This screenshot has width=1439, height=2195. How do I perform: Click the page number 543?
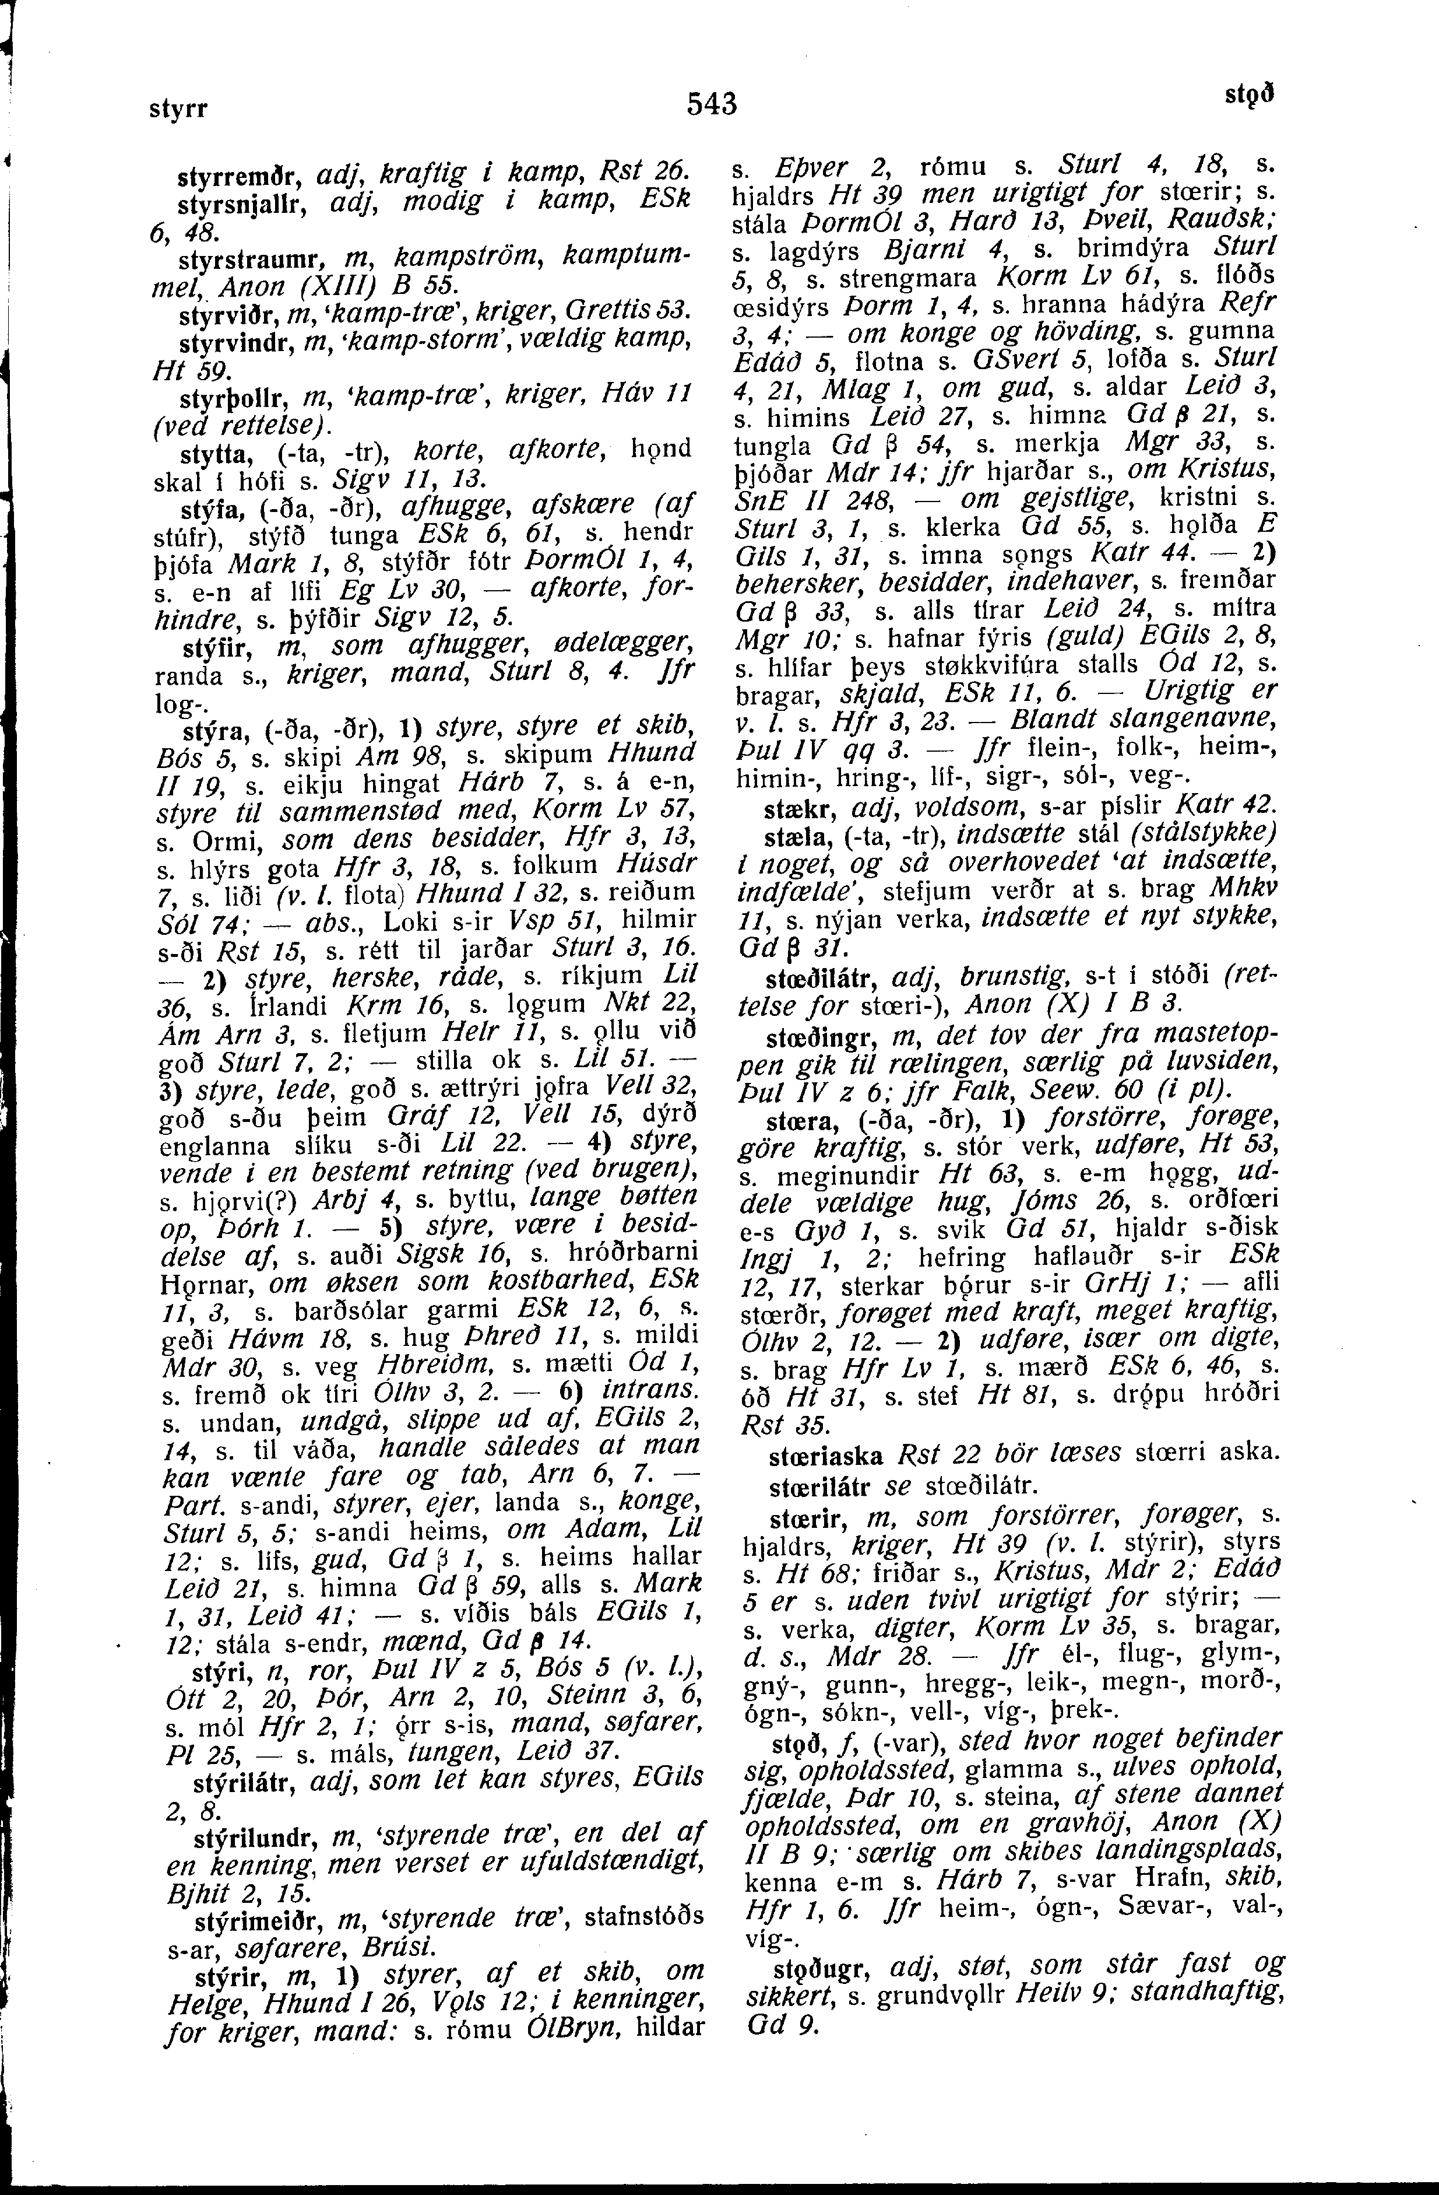(x=713, y=103)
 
